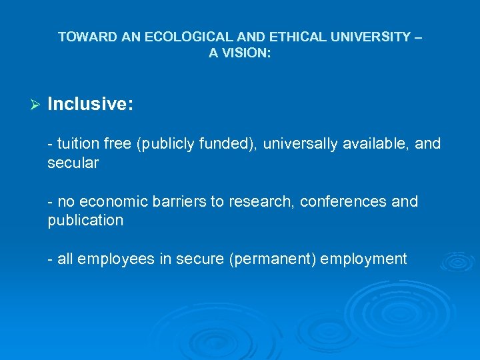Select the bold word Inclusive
[x=90, y=104]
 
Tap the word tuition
[x=77, y=144]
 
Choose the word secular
[x=73, y=163]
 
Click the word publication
[x=85, y=221]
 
